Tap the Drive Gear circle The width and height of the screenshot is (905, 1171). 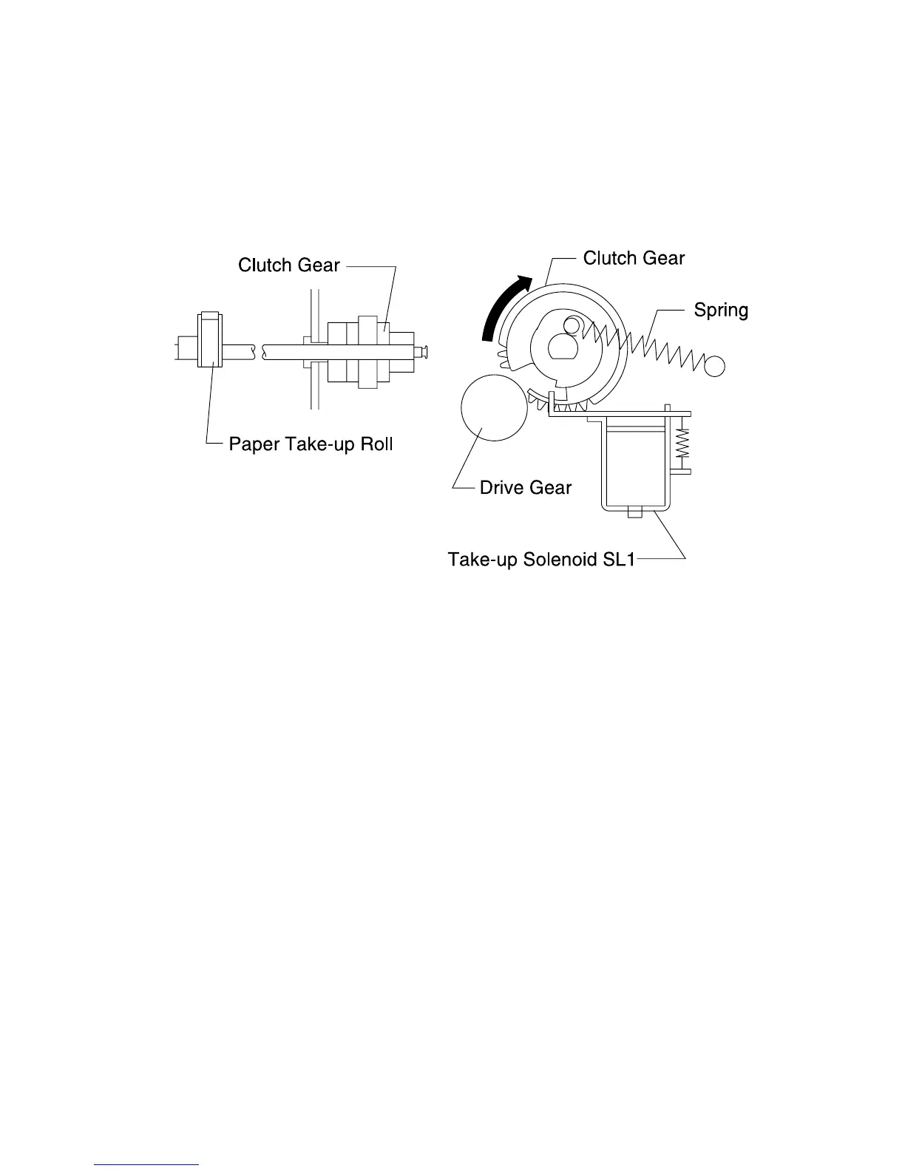(493, 407)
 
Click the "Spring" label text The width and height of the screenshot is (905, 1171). (720, 310)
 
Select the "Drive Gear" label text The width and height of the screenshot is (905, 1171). (525, 488)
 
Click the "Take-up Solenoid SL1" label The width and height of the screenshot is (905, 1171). (540, 559)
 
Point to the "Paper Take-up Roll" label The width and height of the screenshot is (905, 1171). (310, 444)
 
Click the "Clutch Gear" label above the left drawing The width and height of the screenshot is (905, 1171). (288, 265)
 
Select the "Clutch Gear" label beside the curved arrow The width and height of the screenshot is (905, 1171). (634, 258)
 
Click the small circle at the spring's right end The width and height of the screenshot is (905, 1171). (715, 365)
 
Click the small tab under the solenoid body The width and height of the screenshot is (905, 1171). (634, 512)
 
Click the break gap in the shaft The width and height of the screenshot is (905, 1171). (259, 352)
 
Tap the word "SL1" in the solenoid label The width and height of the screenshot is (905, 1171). (617, 559)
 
